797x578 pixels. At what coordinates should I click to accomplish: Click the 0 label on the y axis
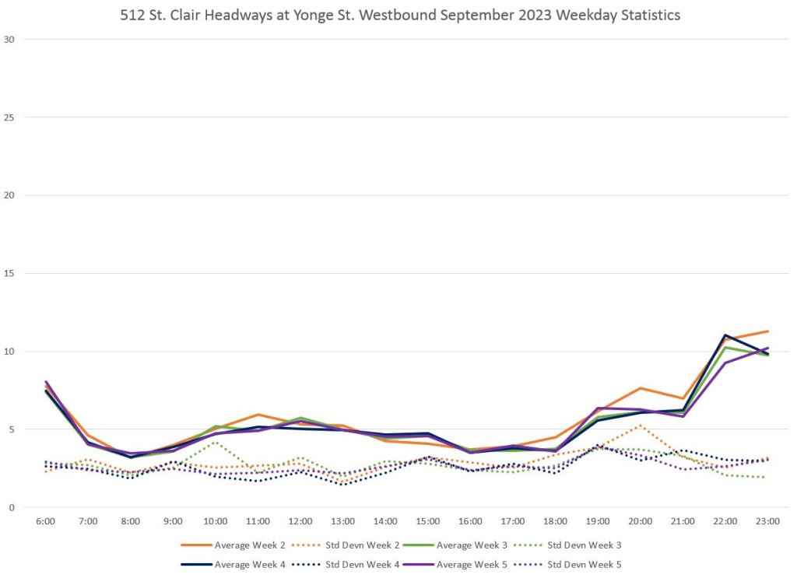11,507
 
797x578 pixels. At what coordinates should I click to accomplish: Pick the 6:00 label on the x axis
46,521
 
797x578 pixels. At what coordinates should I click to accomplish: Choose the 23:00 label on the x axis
767,521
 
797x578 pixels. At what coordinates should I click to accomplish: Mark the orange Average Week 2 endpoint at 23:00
767,331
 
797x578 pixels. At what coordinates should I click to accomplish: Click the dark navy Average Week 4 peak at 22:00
725,335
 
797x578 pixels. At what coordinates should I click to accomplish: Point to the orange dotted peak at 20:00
640,425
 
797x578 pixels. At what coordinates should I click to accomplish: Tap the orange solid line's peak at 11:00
258,415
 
